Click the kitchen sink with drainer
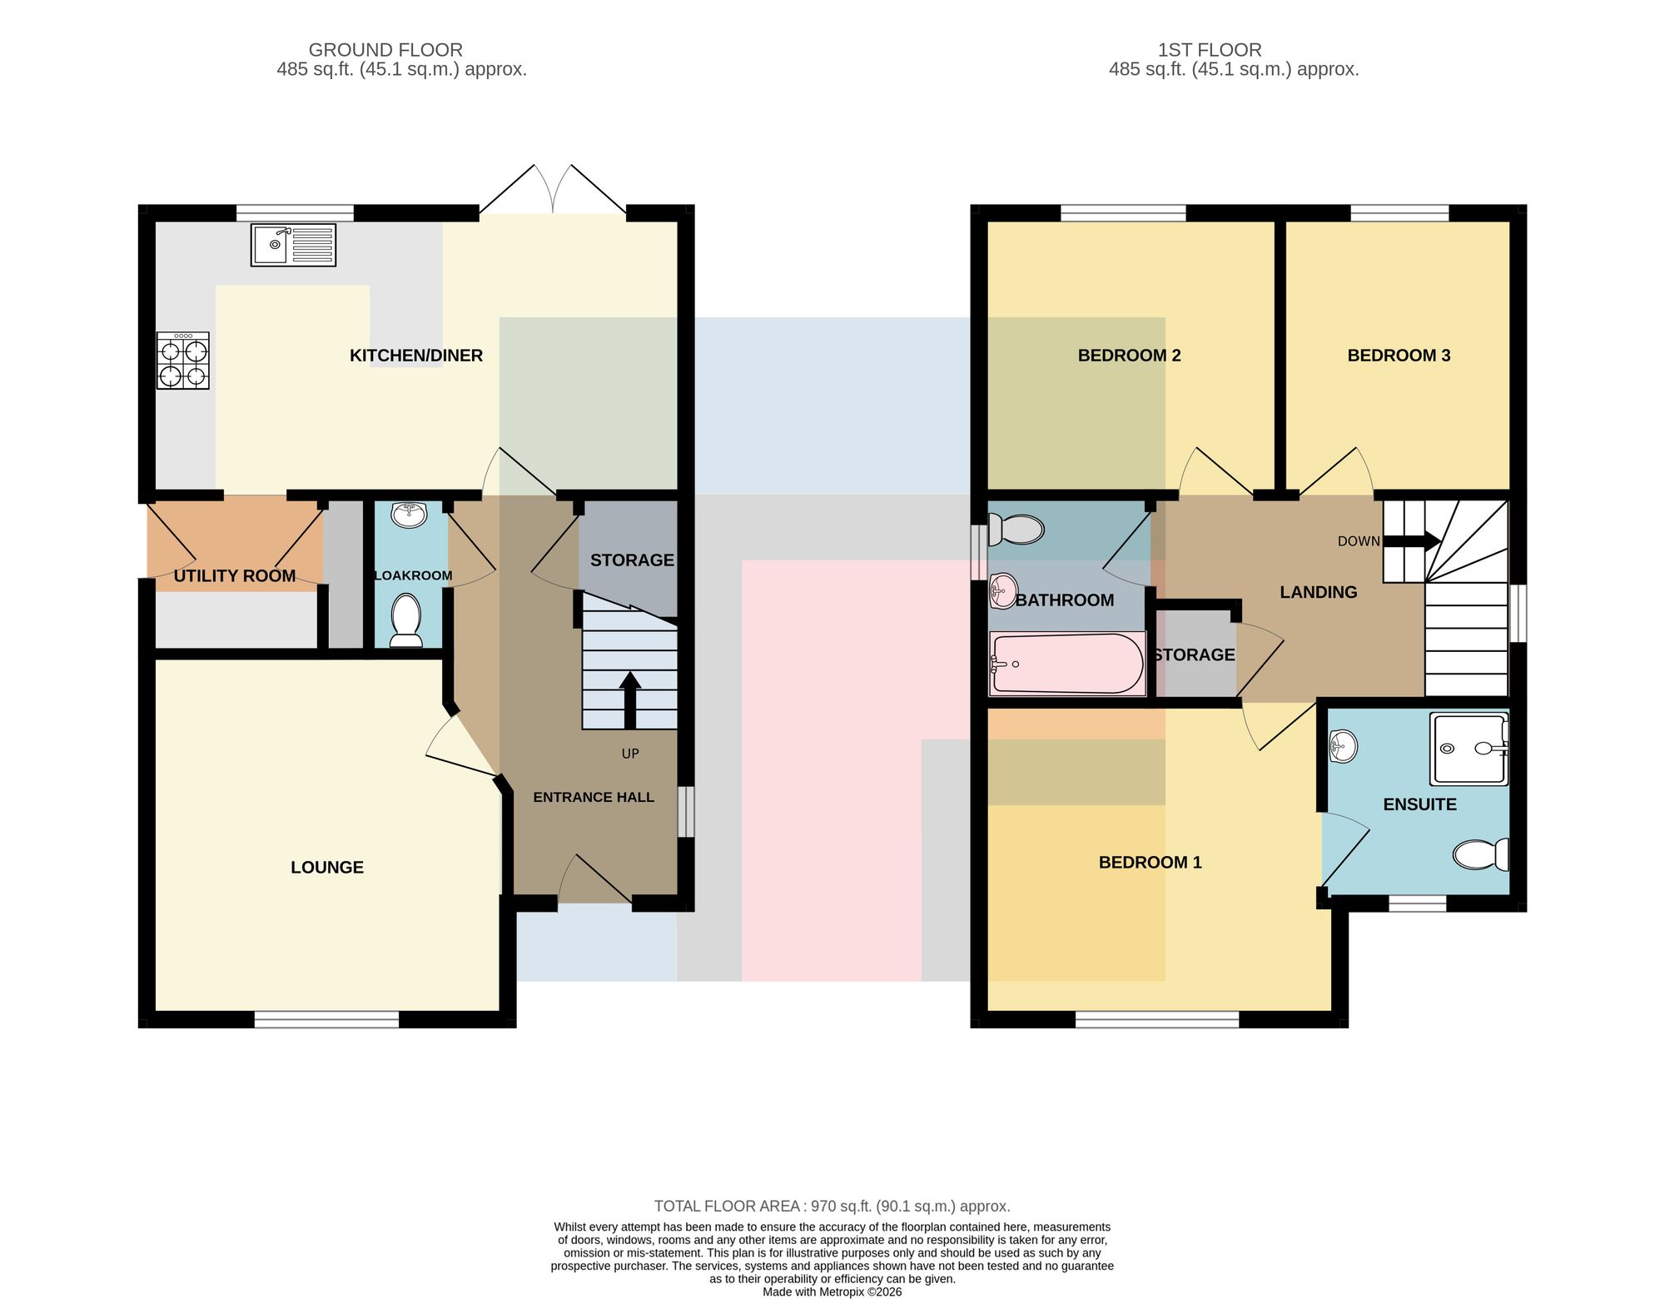(x=293, y=245)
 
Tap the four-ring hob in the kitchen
(x=183, y=361)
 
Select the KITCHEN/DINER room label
(x=416, y=356)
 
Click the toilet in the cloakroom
(x=406, y=620)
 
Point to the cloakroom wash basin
(x=409, y=515)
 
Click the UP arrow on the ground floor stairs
(x=630, y=700)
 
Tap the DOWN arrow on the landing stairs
(x=1412, y=541)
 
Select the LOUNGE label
(x=327, y=868)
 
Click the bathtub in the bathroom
(x=1067, y=664)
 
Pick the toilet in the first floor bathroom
(x=1016, y=530)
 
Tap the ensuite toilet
(x=1481, y=854)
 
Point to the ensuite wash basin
(x=1344, y=746)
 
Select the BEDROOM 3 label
(x=1399, y=356)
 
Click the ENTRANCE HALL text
(x=594, y=798)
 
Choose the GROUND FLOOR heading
(x=385, y=50)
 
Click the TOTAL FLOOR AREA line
(x=832, y=1206)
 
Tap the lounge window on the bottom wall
(x=326, y=1019)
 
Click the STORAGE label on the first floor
(x=1195, y=655)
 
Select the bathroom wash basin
(x=1003, y=591)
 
